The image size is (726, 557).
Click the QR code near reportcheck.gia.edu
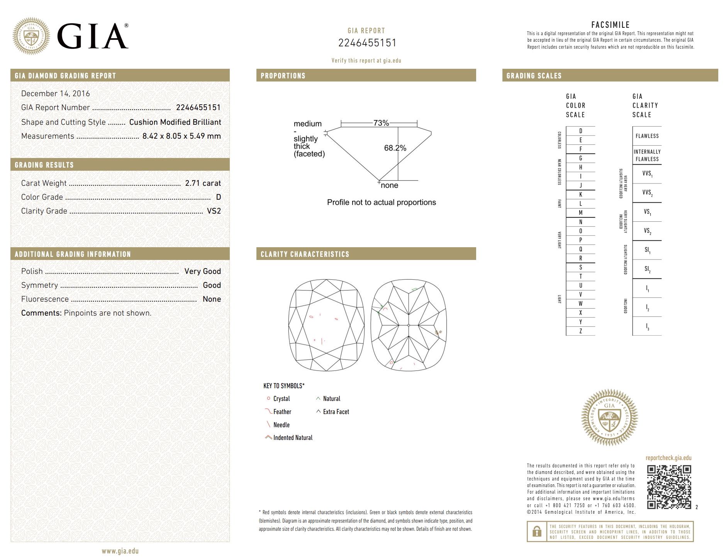[x=669, y=487]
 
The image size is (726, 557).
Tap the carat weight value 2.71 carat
[x=203, y=183]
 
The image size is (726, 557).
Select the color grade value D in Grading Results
[x=218, y=197]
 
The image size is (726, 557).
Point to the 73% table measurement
[x=381, y=123]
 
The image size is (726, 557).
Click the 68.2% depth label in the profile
[x=395, y=148]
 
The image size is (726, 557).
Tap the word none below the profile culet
[x=389, y=185]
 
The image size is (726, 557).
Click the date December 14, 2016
[x=56, y=93]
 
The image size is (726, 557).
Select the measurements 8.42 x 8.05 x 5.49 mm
[x=181, y=136]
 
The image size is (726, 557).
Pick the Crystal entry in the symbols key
[x=281, y=399]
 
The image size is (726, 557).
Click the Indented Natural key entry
[x=292, y=438]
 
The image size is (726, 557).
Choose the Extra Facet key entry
[x=336, y=412]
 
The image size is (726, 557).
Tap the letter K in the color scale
[x=580, y=195]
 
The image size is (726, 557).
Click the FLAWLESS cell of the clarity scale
[x=647, y=136]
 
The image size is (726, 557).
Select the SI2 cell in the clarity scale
[x=647, y=269]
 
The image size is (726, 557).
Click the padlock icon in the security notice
[x=537, y=532]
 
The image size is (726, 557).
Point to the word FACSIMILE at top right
[x=610, y=25]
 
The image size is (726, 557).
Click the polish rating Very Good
[x=202, y=271]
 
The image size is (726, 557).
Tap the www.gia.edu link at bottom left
[x=120, y=551]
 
